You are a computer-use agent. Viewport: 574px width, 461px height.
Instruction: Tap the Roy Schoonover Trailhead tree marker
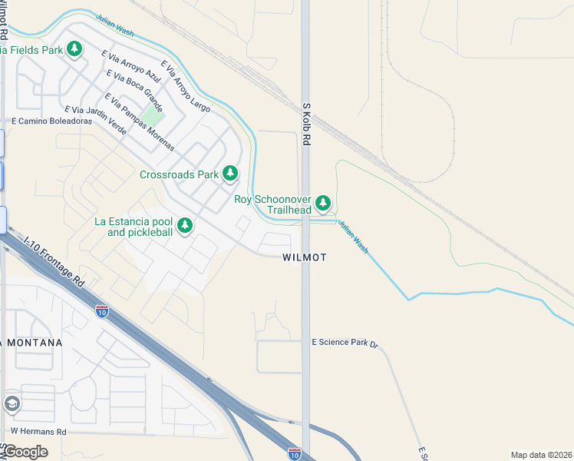click(x=323, y=204)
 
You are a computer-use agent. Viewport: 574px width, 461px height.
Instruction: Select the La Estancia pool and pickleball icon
click(x=184, y=226)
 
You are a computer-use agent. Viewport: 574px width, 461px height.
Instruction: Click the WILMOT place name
click(x=304, y=257)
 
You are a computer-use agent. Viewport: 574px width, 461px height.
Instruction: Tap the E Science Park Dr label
click(x=345, y=343)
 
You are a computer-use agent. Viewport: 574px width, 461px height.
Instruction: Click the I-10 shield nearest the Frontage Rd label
click(x=102, y=311)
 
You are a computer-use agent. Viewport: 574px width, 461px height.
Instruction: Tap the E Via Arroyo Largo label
click(x=185, y=87)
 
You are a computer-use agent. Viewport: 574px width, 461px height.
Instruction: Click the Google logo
click(x=25, y=452)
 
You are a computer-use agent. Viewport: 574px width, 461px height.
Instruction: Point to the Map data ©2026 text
click(x=541, y=455)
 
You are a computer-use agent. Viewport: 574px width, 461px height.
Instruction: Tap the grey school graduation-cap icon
click(x=12, y=403)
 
